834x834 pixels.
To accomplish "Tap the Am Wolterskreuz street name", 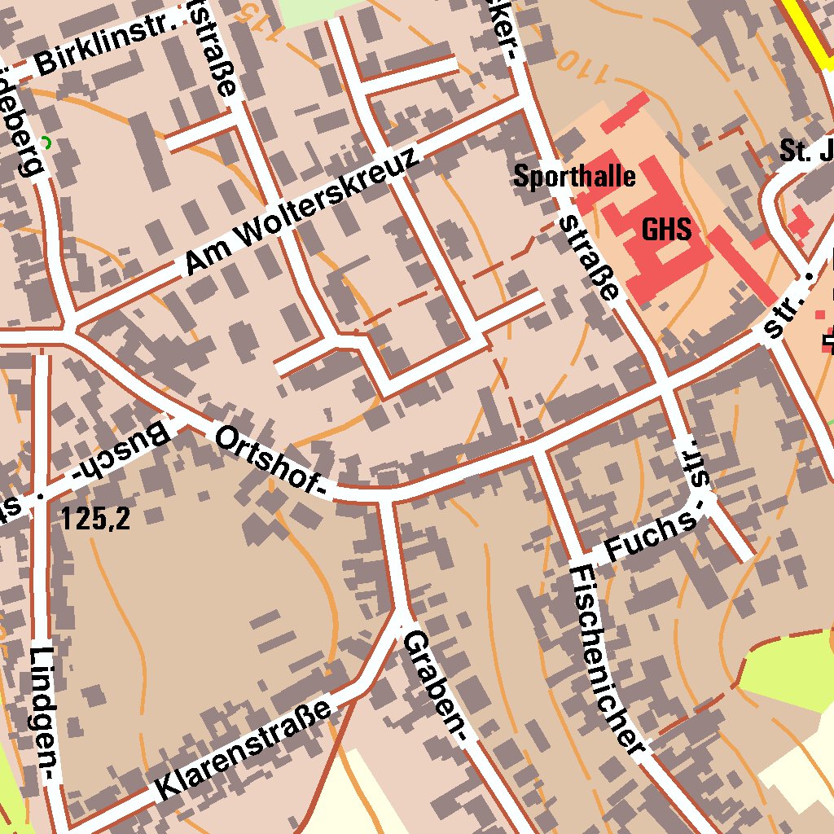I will tap(303, 212).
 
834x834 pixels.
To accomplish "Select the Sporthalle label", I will tap(574, 176).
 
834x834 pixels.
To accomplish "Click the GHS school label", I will tap(666, 229).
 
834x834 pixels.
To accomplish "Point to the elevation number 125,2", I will tap(95, 519).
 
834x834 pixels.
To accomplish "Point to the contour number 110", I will tap(580, 65).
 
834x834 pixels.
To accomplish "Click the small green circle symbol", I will tap(46, 143).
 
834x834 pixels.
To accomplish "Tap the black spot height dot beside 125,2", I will tap(38, 495).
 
